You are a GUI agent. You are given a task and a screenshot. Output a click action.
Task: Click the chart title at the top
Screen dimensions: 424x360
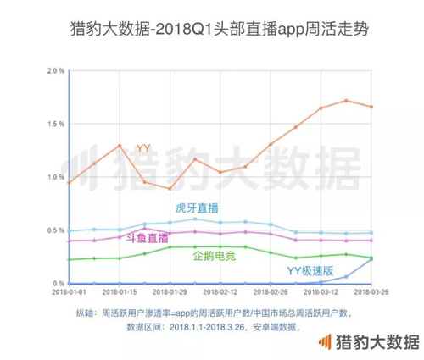pos(220,29)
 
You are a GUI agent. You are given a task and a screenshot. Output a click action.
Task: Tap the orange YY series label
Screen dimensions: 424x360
pos(143,148)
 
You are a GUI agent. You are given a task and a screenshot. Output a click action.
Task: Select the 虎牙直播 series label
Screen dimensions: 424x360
pos(197,208)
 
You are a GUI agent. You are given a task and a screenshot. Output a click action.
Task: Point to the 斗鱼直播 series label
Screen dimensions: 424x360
pos(148,239)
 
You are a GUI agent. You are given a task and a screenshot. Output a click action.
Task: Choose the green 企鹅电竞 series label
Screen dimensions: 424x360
pos(215,256)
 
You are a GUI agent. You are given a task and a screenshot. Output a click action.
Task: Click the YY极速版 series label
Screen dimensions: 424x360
pos(310,271)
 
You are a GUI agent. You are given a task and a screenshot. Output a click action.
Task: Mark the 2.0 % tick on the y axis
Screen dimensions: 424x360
pos(56,70)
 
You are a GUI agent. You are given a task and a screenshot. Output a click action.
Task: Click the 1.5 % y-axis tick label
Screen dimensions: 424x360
pos(56,124)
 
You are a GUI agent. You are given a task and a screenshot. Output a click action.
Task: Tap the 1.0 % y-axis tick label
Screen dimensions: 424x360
pos(56,177)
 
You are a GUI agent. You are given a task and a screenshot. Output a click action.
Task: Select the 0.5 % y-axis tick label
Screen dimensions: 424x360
pos(56,230)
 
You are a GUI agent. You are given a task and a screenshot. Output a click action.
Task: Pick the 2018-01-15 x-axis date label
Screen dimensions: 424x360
pos(120,291)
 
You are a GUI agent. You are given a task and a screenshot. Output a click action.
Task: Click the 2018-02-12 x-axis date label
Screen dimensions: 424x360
pos(220,291)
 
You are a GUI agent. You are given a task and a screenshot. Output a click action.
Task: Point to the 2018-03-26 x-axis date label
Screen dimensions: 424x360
pos(371,291)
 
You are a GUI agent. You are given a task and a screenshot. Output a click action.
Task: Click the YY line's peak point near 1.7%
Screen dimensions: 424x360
pos(346,101)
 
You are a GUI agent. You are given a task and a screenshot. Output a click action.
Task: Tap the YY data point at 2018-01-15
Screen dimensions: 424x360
pos(120,146)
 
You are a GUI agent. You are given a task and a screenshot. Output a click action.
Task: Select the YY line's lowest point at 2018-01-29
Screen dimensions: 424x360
pos(170,189)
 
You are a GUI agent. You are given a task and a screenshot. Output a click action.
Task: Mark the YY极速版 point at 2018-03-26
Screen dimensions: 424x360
pos(371,259)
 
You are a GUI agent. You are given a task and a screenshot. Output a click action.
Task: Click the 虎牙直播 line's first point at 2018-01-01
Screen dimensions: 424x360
pos(70,231)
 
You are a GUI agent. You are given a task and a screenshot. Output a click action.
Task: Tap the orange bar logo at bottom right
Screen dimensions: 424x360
pos(325,341)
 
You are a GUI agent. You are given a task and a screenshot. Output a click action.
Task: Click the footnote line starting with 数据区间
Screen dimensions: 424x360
pos(215,327)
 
